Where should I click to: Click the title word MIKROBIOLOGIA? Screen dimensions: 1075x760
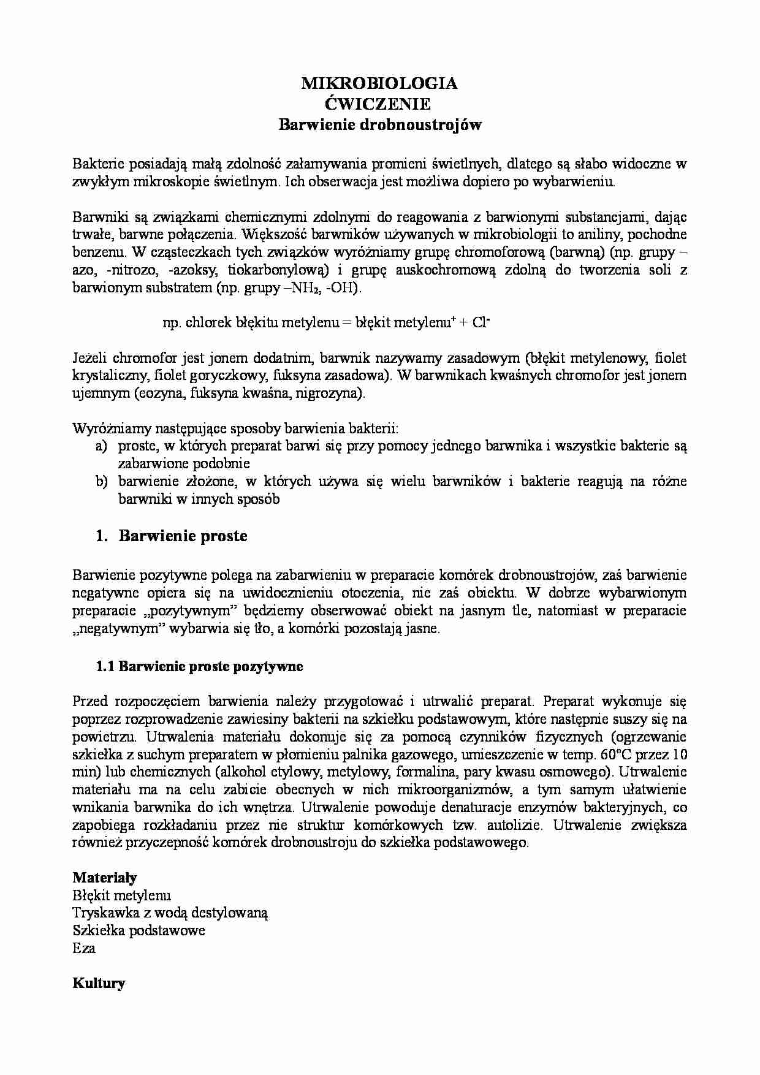point(379,84)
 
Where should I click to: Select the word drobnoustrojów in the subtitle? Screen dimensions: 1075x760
point(420,125)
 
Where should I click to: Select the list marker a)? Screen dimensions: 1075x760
point(102,446)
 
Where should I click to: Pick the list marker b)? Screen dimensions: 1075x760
point(102,482)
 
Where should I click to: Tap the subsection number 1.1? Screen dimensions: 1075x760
point(105,666)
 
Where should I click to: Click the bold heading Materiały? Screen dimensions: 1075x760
point(104,877)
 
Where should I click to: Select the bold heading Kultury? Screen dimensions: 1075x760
point(99,984)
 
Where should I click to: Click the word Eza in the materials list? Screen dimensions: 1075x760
point(84,949)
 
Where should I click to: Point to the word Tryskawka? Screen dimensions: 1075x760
point(102,913)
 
